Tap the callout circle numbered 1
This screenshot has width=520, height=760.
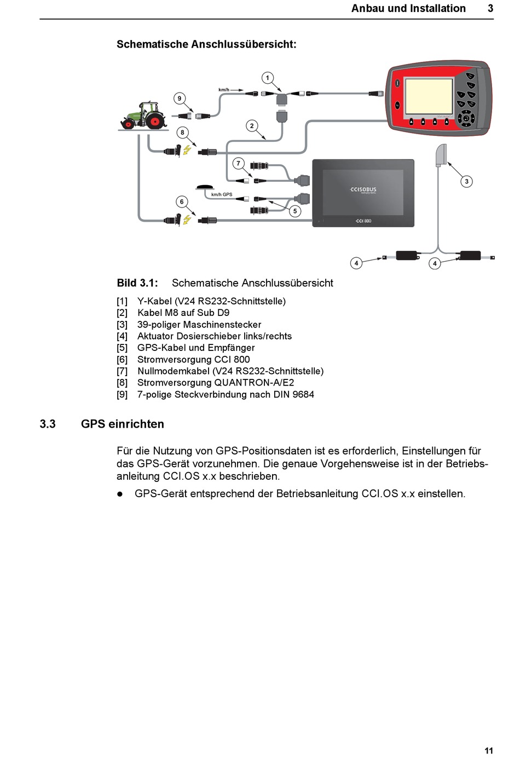click(267, 78)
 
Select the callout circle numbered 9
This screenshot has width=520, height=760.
click(179, 99)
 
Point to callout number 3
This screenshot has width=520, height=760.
click(466, 181)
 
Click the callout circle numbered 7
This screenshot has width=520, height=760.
click(238, 163)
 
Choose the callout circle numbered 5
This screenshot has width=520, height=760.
click(295, 211)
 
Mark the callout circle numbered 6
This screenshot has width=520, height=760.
click(182, 201)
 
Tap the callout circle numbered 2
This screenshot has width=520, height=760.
click(252, 126)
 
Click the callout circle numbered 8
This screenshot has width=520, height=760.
click(182, 133)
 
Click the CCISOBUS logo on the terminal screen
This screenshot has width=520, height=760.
click(363, 190)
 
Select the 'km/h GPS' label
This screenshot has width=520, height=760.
click(222, 194)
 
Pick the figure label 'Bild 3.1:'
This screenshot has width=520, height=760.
click(137, 283)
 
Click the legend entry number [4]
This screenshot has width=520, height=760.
click(122, 336)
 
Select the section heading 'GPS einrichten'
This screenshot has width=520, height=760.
click(123, 424)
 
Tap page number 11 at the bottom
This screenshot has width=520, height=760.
click(489, 751)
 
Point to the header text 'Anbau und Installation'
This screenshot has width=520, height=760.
click(408, 8)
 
